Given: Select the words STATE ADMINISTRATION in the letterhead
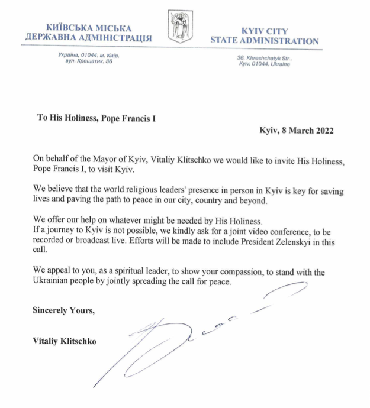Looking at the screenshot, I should tap(265, 41).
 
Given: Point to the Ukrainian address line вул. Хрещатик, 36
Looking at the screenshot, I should tap(89, 61).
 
